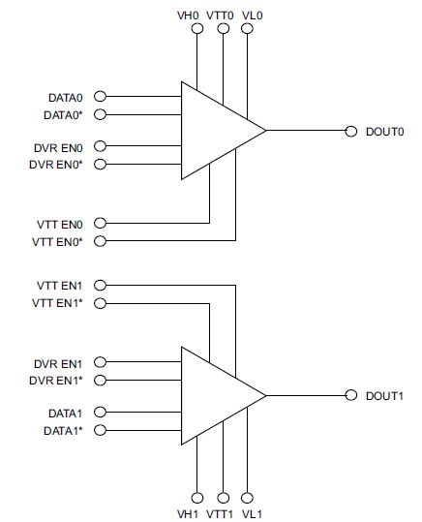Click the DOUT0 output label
click(384, 132)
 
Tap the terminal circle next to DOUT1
click(350, 395)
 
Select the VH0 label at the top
click(188, 15)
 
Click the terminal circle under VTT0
click(223, 29)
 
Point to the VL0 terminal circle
click(247, 29)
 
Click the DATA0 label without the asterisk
click(66, 98)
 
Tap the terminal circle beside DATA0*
click(100, 114)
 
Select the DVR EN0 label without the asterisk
click(58, 148)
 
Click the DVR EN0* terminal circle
click(100, 164)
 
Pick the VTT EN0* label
click(57, 242)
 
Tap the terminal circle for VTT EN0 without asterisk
click(100, 223)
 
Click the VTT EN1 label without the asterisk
click(59, 286)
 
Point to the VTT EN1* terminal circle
click(100, 303)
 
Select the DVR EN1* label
click(56, 381)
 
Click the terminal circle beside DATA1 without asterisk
click(100, 413)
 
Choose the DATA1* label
click(63, 431)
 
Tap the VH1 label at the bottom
click(188, 514)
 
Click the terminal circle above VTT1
click(223, 498)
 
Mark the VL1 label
click(252, 514)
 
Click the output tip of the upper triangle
click(266, 130)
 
